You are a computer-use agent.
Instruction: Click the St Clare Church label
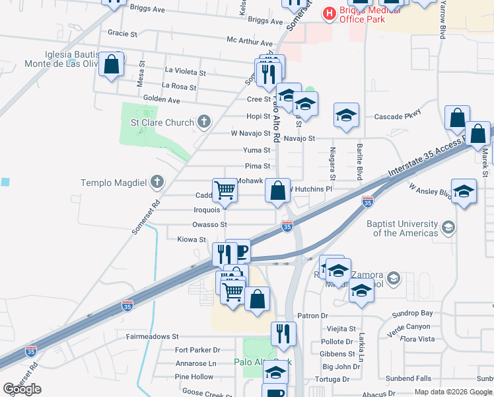[x=162, y=122]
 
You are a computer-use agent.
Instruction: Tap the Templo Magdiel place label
[x=115, y=182]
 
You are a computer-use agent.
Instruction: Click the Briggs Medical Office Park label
[x=362, y=14]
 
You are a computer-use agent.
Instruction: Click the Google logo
[x=22, y=389]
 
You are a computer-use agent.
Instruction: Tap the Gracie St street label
[x=122, y=32]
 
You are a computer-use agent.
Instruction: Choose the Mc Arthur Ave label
[x=250, y=41]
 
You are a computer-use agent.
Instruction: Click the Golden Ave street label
[x=162, y=100]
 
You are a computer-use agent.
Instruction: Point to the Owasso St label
[x=210, y=224]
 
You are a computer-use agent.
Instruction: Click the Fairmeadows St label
[x=157, y=336]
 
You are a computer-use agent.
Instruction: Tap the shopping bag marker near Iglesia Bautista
[x=112, y=66]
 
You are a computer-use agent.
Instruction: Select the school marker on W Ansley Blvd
[x=464, y=191]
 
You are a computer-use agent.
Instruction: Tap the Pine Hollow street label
[x=194, y=376]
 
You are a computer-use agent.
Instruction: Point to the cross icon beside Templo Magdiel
[x=157, y=181]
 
